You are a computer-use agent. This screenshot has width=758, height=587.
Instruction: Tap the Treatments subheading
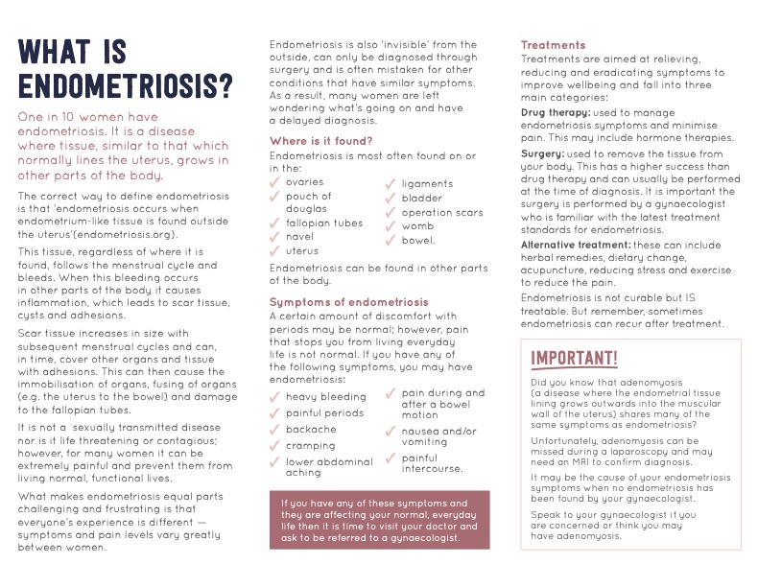point(553,45)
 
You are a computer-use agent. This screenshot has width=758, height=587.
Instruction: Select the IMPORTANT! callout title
point(575,358)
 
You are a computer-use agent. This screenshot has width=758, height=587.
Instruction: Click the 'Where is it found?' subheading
point(320,141)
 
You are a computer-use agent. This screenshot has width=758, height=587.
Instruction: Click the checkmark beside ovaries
point(276,182)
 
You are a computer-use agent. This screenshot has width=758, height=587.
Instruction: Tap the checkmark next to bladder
point(391,199)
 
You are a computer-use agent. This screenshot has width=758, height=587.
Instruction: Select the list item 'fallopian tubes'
point(324,223)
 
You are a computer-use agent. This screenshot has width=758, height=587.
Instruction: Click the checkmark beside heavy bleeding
point(276,397)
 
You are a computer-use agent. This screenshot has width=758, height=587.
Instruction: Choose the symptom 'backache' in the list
point(311,429)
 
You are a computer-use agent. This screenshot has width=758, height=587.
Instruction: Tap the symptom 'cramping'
point(311,445)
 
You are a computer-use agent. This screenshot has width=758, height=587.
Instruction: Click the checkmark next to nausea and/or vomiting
point(391,433)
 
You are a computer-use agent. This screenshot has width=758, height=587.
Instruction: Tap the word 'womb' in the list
point(417,226)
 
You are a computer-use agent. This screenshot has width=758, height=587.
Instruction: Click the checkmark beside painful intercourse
point(391,459)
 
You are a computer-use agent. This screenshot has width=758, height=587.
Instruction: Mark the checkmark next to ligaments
point(391,184)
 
